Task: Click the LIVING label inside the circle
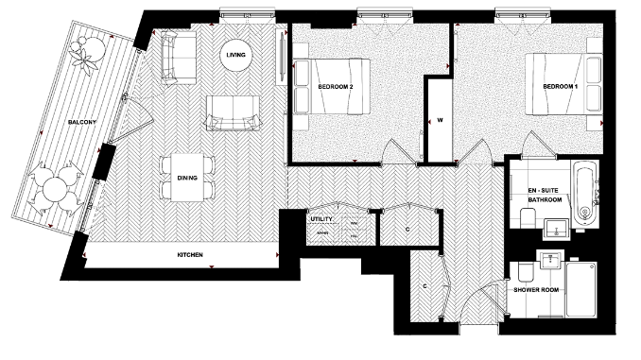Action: pos(236,55)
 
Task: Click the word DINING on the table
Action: pos(187,177)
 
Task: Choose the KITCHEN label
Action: pos(190,255)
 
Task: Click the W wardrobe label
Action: pos(441,120)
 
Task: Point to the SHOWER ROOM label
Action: pos(536,291)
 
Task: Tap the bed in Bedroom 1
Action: pos(563,85)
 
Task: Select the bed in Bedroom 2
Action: pos(330,87)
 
